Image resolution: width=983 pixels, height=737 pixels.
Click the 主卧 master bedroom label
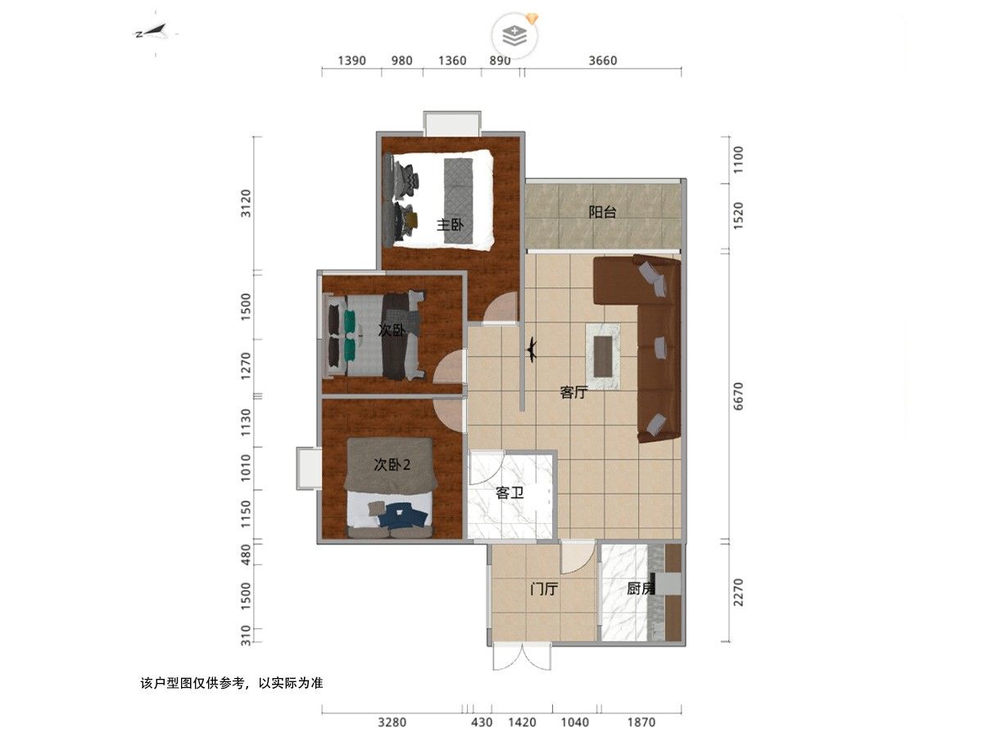(450, 224)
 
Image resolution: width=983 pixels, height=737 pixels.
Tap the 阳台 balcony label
(602, 211)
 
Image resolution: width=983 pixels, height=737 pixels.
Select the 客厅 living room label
(573, 392)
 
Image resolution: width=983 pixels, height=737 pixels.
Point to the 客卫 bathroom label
(510, 493)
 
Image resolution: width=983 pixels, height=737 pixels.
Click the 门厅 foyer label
(544, 589)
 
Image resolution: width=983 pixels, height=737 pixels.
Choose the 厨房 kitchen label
(641, 589)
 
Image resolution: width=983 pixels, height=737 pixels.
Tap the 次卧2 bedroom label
(392, 465)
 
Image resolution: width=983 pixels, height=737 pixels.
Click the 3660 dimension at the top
(603, 61)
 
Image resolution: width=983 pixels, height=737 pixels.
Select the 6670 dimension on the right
(738, 396)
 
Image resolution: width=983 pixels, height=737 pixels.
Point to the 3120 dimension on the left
(246, 203)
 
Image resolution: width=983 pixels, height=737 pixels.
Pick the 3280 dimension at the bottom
(392, 722)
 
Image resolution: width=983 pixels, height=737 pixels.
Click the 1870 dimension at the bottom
(641, 722)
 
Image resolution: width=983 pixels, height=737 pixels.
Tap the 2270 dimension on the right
(738, 592)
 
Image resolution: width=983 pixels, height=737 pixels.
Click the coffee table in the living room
(603, 356)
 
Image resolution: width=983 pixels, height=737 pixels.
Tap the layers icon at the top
(514, 36)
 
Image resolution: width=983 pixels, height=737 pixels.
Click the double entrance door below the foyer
(522, 657)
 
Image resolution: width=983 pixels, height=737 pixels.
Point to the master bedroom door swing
(501, 307)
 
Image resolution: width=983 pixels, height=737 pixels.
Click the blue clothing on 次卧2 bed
(401, 516)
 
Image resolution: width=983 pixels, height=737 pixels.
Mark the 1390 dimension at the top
(351, 61)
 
